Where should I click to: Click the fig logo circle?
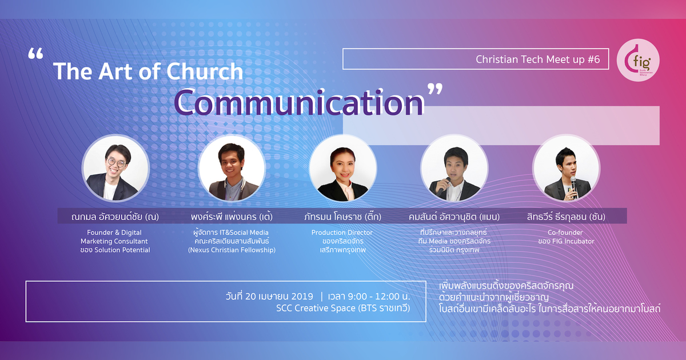641,59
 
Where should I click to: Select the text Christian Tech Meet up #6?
538,59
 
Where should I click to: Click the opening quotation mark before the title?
35,55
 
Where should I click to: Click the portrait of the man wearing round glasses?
115,168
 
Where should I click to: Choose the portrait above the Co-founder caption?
566,168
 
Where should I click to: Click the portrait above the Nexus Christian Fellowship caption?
232,168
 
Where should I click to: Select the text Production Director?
342,233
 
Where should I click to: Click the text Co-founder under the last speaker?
566,233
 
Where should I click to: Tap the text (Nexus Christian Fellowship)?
232,250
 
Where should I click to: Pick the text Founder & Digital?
115,233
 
